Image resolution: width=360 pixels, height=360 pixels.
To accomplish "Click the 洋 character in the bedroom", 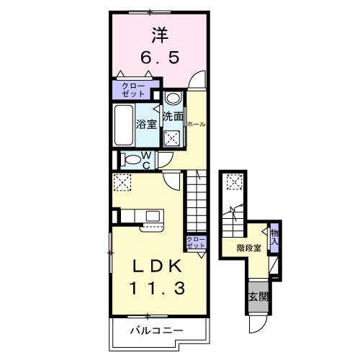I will [158, 33].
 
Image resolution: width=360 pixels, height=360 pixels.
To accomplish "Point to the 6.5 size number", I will [158, 58].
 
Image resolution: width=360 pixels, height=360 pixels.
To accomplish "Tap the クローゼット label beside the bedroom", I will [130, 91].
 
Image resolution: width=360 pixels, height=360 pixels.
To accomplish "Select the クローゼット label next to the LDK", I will [195, 243].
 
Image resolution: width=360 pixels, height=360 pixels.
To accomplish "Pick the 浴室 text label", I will [147, 123].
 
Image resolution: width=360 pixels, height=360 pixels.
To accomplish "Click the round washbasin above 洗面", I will [173, 99].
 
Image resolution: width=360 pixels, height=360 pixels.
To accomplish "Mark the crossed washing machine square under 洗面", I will [172, 138].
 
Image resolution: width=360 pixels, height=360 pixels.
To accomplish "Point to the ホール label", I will [196, 124].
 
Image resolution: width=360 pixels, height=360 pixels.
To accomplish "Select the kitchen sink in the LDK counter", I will [153, 215].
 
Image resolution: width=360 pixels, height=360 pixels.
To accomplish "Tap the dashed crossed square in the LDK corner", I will [122, 183].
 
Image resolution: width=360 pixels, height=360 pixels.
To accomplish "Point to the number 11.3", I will [158, 289].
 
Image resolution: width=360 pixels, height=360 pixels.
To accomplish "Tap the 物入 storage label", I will [274, 237].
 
